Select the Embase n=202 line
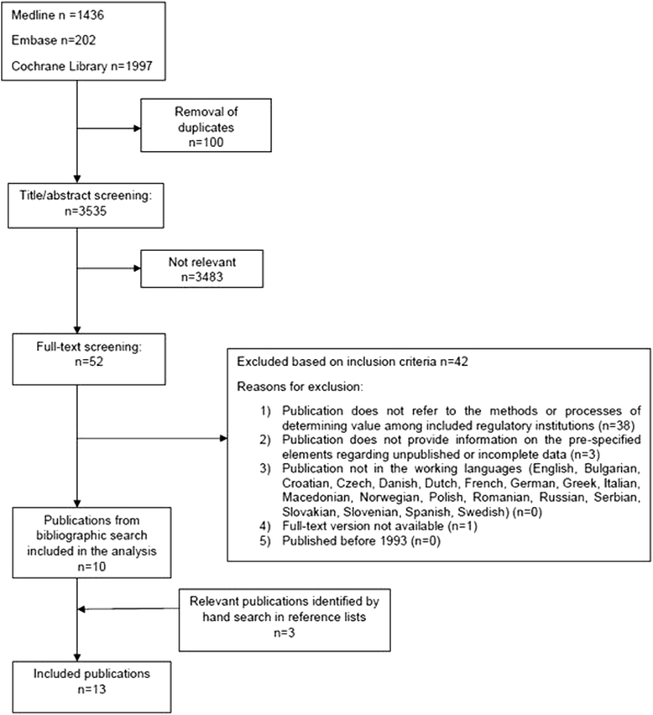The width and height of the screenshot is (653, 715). pos(50,39)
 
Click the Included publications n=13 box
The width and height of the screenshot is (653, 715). pos(76,682)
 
